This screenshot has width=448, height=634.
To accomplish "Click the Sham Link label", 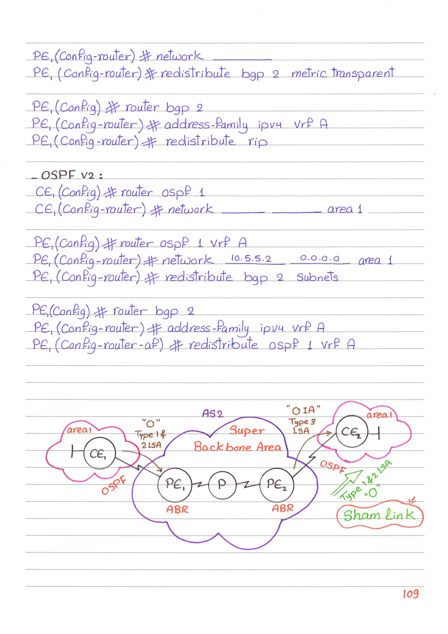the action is tap(379, 515).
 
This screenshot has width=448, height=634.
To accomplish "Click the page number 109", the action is tap(410, 594).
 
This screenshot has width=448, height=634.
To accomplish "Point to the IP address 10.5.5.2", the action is tap(251, 258).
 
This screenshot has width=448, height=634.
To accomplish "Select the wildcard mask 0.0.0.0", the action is tap(320, 258).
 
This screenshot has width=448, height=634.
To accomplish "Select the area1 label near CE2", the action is tap(379, 415).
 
